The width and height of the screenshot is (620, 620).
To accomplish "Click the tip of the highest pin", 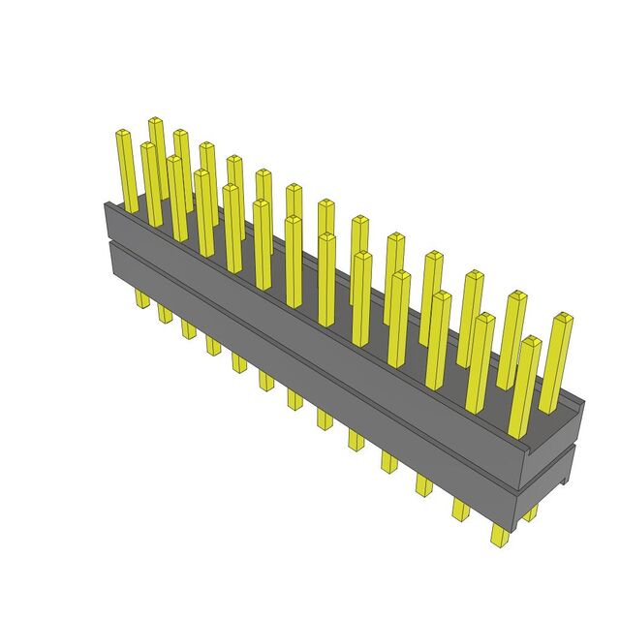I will (x=156, y=123).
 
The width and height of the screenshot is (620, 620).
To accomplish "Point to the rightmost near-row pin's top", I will (x=530, y=342).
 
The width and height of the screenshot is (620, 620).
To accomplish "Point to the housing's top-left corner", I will (x=105, y=203).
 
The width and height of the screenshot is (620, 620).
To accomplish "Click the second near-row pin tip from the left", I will (x=174, y=161).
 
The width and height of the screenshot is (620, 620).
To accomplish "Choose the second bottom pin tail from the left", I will (x=165, y=314).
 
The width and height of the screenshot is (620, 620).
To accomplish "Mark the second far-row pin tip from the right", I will (x=513, y=295).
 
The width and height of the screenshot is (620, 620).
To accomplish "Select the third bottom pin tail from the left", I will (x=188, y=328).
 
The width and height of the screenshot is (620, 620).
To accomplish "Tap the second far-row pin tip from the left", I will (x=181, y=134).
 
